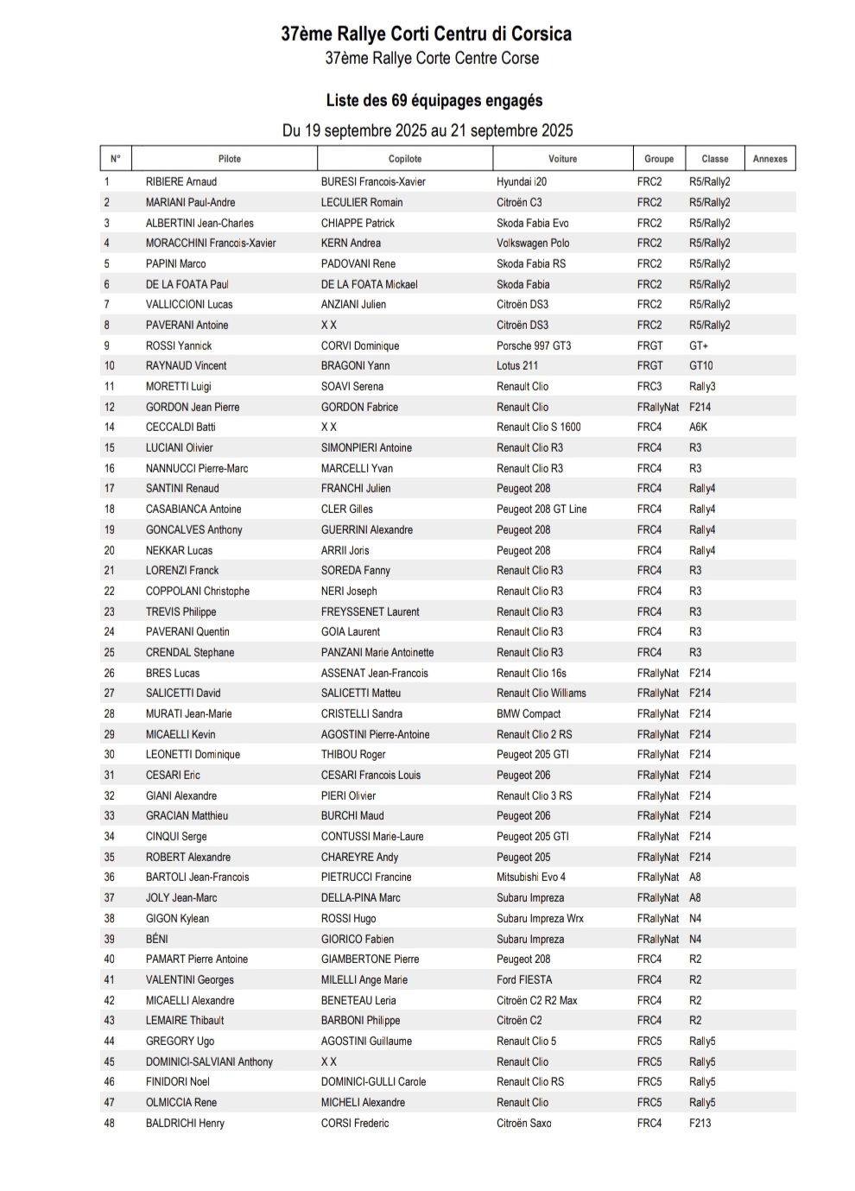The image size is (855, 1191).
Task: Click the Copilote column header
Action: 405,159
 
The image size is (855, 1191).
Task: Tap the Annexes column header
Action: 769,159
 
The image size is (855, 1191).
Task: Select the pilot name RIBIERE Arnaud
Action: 181,182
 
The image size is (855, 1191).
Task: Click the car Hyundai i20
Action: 522,182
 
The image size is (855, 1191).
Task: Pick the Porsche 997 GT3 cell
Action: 534,345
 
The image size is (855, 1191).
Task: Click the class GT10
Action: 701,366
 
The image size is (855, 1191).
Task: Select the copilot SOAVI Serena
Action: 352,387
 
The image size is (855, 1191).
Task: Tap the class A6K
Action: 699,428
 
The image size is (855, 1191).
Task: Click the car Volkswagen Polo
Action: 533,244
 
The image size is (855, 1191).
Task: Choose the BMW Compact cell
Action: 529,714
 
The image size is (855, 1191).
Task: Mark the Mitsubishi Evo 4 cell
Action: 531,877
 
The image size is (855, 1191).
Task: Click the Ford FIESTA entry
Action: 524,980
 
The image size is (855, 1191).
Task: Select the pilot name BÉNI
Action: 157,940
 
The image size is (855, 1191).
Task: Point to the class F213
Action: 700,1124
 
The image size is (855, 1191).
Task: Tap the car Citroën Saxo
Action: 524,1124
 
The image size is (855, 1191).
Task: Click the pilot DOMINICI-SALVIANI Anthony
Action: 209,1062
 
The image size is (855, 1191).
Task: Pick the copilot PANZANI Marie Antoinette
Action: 377,653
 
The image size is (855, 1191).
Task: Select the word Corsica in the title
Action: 541,35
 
